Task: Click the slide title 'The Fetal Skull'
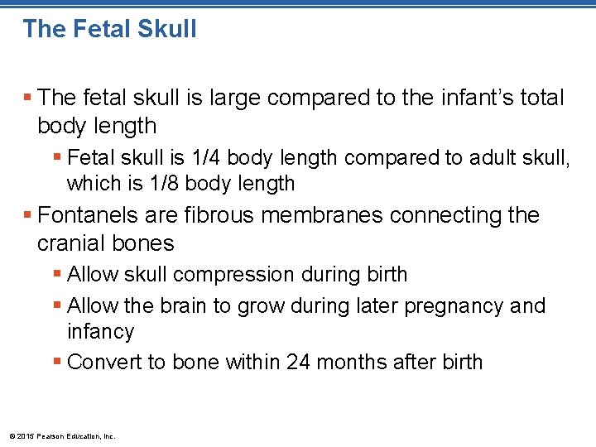(x=110, y=29)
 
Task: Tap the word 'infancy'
(x=100, y=332)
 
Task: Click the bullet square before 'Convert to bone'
(x=57, y=363)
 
